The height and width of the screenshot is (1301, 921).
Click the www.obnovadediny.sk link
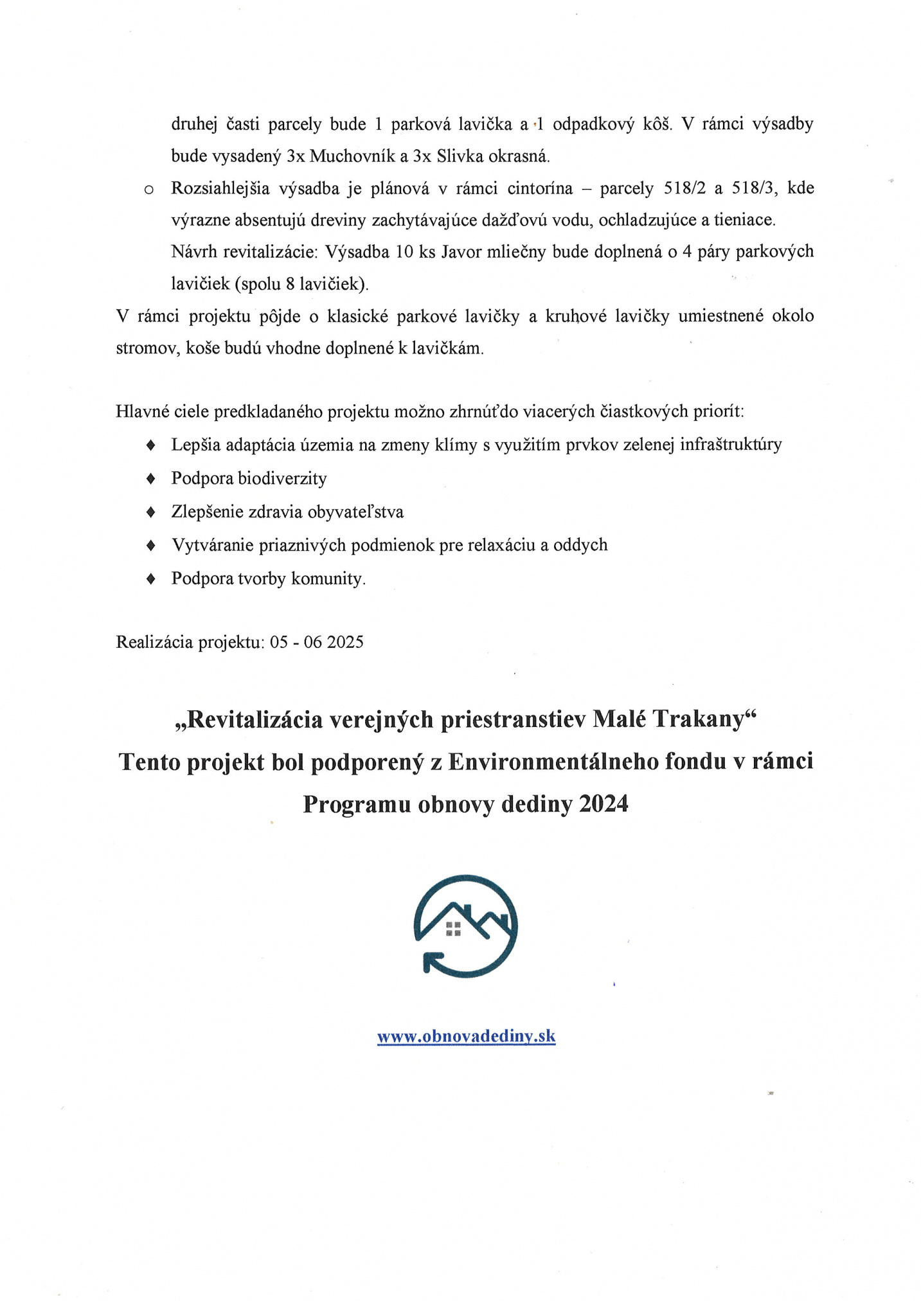pos(466,1036)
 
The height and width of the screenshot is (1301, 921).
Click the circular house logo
pos(465,926)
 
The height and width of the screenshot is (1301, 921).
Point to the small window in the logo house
pos(453,929)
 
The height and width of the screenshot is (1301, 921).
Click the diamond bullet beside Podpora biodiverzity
pos(151,478)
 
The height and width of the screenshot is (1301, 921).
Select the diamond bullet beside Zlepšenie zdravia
pos(151,512)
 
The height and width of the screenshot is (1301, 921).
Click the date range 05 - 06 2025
pos(317,642)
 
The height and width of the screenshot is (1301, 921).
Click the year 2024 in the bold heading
pos(603,804)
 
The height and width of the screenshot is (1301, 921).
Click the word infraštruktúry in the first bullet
pos(731,445)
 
